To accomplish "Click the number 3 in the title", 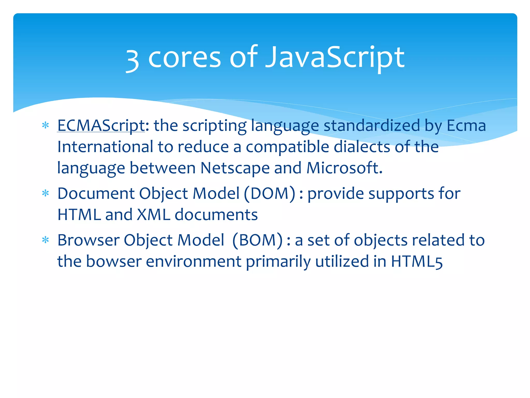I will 132,60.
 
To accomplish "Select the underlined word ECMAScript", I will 101,126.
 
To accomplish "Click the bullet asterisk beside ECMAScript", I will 46,126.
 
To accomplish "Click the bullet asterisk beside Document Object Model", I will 46,194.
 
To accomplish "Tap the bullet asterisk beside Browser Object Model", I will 46,240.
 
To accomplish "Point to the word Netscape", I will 235,168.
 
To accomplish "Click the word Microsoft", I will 344,168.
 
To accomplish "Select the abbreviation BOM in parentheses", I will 257,240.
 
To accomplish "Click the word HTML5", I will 417,261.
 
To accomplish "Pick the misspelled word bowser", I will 114,261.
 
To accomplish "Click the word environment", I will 194,261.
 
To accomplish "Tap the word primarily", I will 278,261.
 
